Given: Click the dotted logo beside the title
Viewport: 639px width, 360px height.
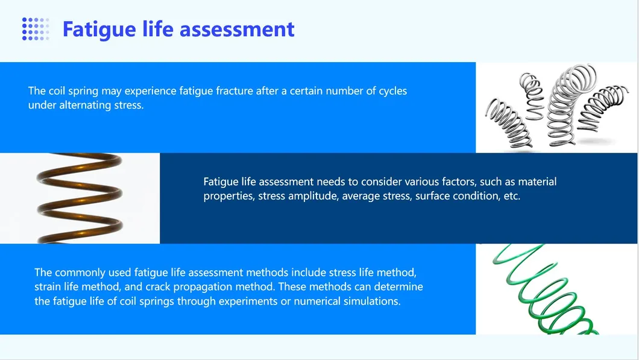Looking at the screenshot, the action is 36,29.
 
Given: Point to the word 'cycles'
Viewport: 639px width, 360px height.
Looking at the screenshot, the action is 393,91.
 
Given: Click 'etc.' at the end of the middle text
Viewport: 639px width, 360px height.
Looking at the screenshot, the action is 512,196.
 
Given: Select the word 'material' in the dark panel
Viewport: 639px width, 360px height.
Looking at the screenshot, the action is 537,182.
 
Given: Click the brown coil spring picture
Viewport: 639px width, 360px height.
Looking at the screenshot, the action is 80,198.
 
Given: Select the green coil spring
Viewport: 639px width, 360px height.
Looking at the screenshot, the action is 546,289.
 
